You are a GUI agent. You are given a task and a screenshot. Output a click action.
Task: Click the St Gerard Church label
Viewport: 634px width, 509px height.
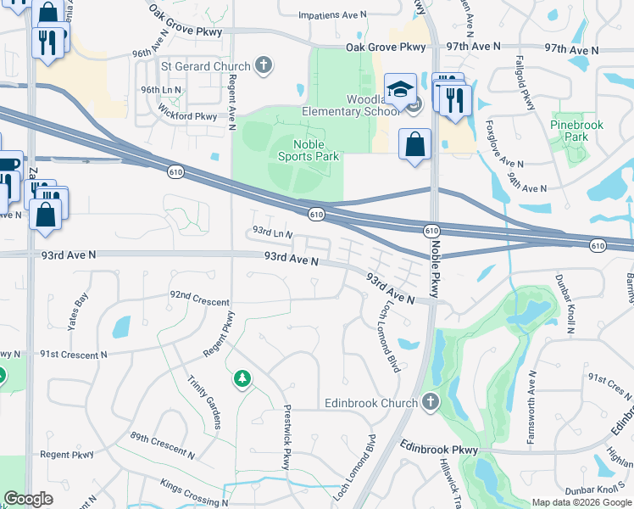(x=206, y=66)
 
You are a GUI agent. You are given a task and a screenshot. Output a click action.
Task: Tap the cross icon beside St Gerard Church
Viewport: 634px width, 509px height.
(x=264, y=65)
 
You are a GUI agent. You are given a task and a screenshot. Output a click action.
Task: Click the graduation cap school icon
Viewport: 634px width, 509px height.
(x=399, y=87)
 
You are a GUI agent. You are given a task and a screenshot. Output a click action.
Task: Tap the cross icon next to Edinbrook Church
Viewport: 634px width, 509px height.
(x=431, y=402)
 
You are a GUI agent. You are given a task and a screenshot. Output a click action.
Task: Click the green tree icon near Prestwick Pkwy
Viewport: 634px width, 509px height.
(x=242, y=378)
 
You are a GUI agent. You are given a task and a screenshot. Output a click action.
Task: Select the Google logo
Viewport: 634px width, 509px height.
(x=28, y=499)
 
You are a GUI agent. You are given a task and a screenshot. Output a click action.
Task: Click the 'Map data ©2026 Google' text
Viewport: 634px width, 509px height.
(x=581, y=502)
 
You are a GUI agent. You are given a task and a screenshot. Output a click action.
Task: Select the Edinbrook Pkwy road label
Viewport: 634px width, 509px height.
(x=440, y=449)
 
